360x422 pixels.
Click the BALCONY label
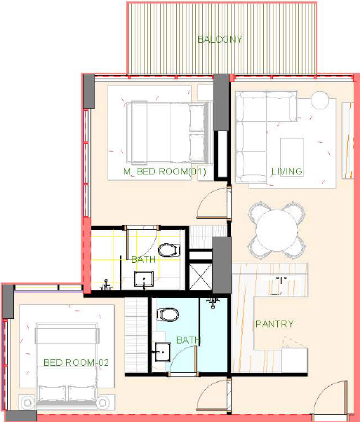pyautogui.click(x=220, y=39)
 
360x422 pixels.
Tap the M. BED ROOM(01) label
pyautogui.click(x=165, y=172)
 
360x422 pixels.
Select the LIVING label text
pyautogui.click(x=287, y=172)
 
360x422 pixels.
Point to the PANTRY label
pyautogui.click(x=274, y=324)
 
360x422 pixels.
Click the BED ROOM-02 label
pyautogui.click(x=76, y=362)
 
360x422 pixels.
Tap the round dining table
pyautogui.click(x=276, y=231)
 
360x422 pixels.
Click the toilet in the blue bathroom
pyautogui.click(x=168, y=315)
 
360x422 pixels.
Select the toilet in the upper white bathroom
pyautogui.click(x=169, y=250)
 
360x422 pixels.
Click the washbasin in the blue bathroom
pyautogui.click(x=163, y=352)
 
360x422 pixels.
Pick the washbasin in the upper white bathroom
pyautogui.click(x=144, y=279)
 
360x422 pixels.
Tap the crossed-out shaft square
pyautogui.click(x=201, y=277)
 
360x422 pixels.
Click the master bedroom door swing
pyautogui.click(x=213, y=203)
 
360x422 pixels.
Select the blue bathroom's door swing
pyautogui.click(x=183, y=360)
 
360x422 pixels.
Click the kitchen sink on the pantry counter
pyautogui.click(x=280, y=286)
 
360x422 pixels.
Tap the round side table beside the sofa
pyautogui.click(x=320, y=100)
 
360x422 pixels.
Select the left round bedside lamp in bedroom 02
pyautogui.click(x=27, y=403)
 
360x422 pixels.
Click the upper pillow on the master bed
pyautogui.click(x=197, y=118)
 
